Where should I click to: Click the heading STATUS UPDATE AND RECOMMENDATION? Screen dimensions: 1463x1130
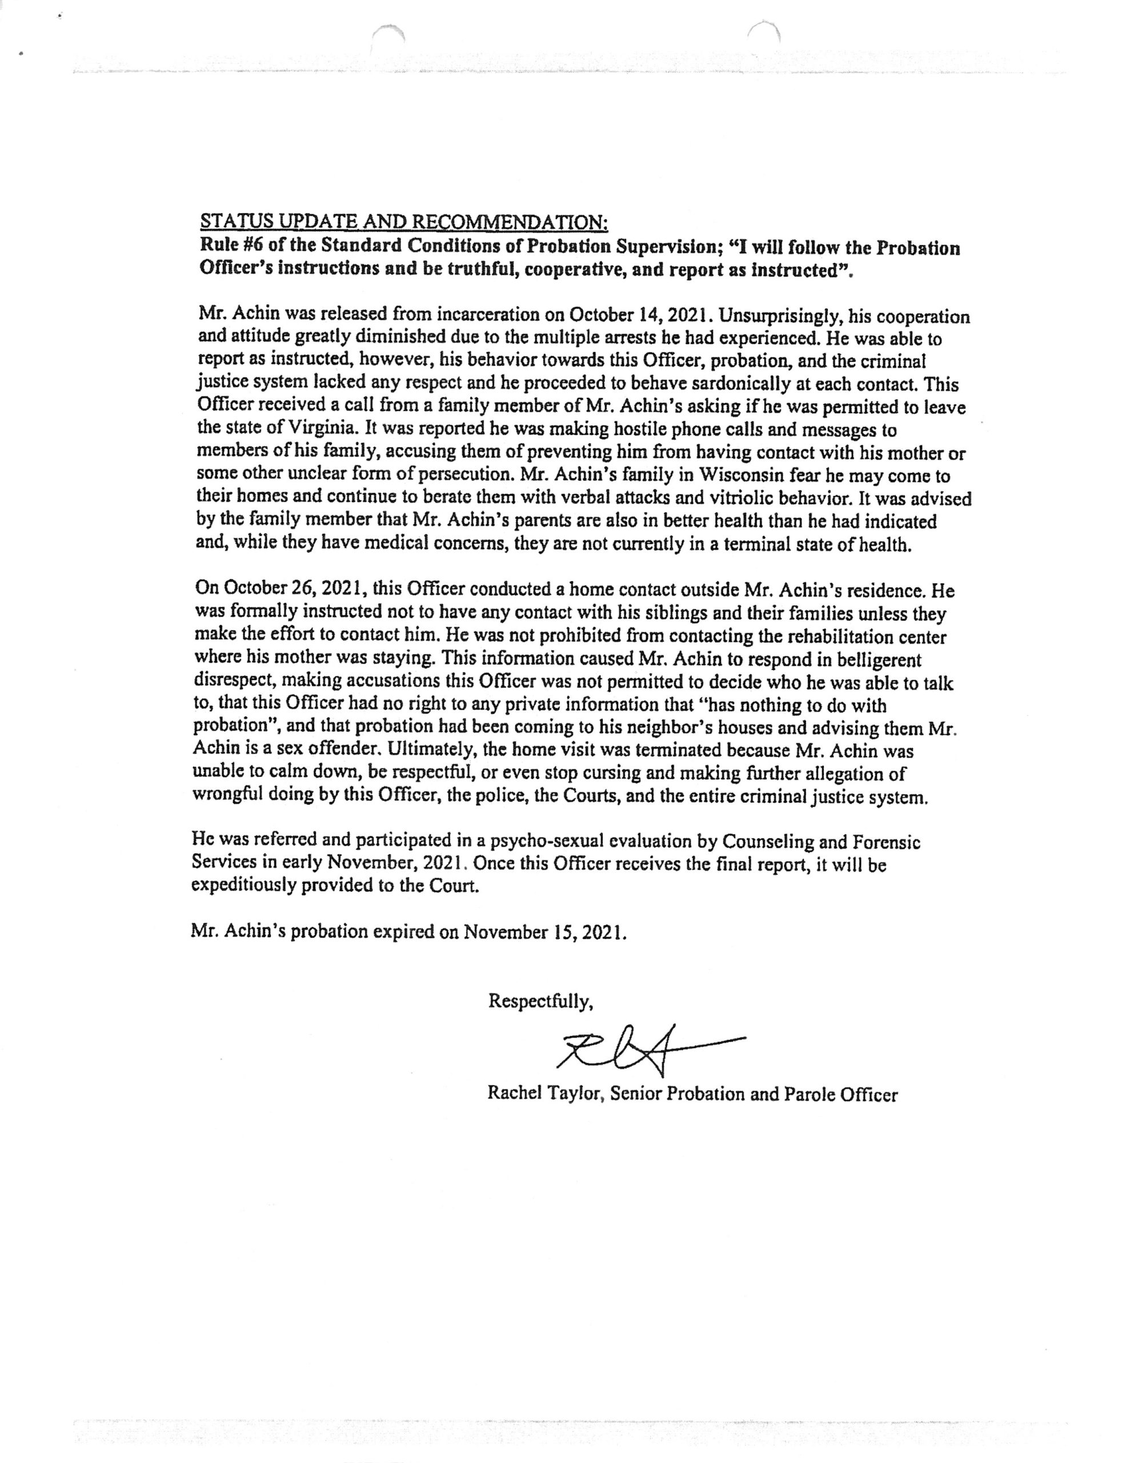coord(404,221)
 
